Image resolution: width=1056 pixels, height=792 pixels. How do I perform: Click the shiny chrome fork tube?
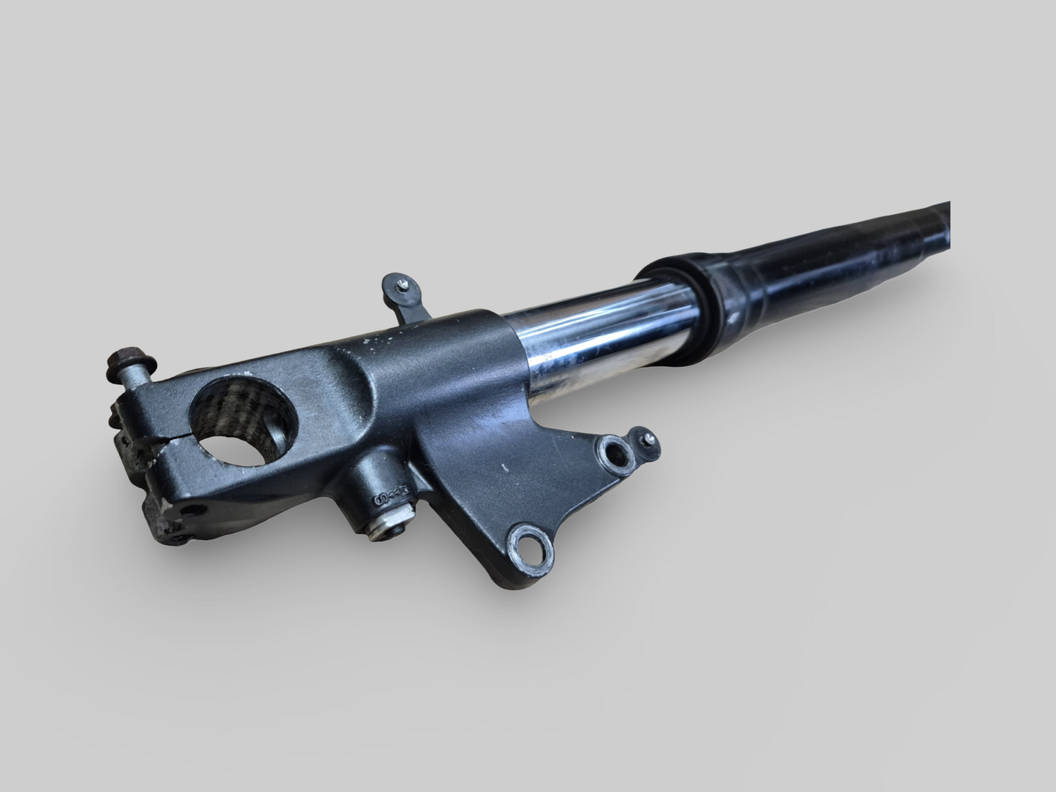pyautogui.click(x=577, y=329)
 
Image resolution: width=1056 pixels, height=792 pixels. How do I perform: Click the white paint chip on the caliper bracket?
pyautogui.click(x=504, y=466)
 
